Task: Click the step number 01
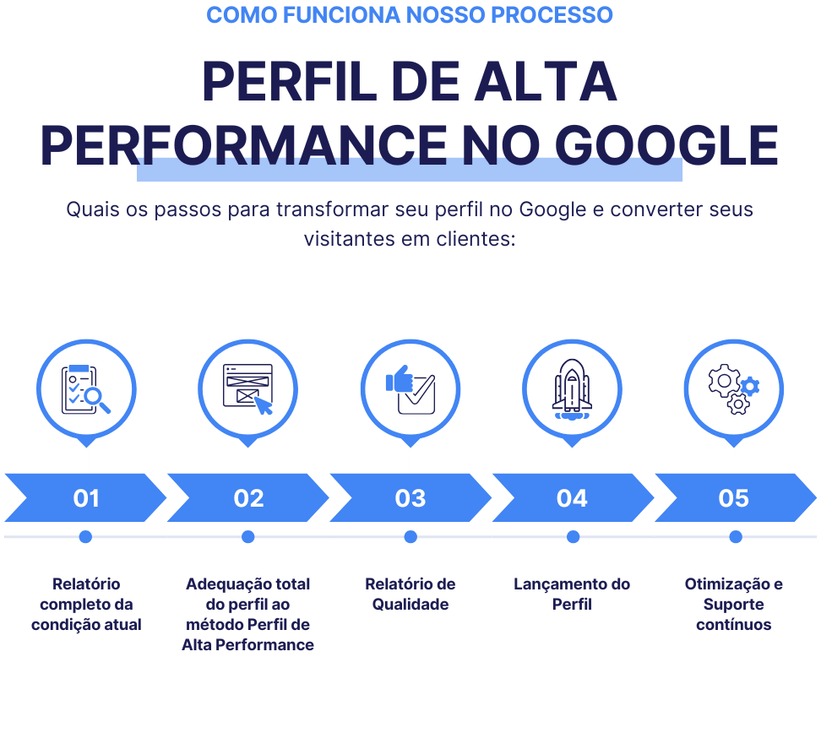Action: point(86,498)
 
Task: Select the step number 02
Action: point(248,498)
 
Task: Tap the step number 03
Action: point(410,498)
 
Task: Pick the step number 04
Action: point(572,498)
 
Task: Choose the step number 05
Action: point(733,498)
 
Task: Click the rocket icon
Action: point(572,390)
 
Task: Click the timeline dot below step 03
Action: point(410,537)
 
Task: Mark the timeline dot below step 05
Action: point(736,537)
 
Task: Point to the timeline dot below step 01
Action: point(85,537)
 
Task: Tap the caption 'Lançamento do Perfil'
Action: point(572,595)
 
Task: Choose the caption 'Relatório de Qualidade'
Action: point(410,595)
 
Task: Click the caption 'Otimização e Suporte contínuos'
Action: point(733,605)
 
